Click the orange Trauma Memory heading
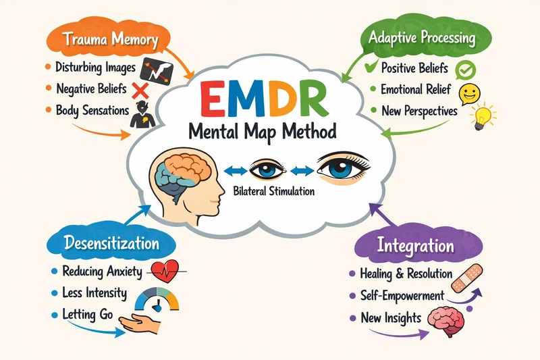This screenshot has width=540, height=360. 112,39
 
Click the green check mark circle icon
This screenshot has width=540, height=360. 466,69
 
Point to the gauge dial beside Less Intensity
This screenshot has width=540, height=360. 157,299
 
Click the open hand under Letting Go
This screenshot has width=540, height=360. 144,326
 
